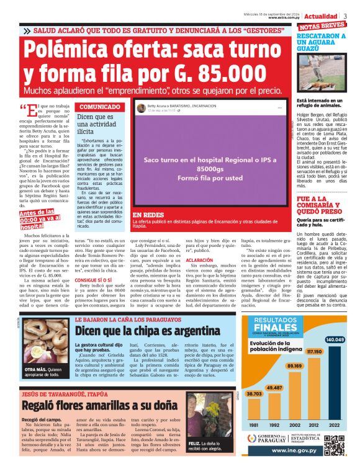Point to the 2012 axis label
(315, 425)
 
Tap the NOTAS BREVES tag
(322, 25)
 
